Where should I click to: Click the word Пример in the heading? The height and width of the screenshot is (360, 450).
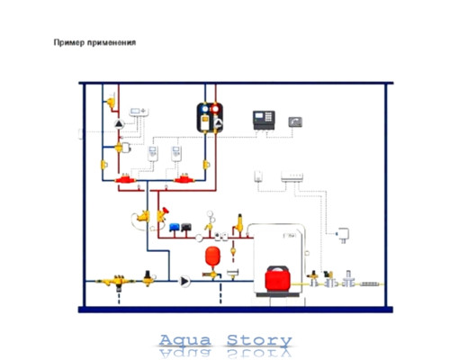point(69,42)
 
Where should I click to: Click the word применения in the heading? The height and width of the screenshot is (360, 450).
point(112,42)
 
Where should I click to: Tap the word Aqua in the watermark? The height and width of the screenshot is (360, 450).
point(185,340)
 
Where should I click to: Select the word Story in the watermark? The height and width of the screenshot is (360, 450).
point(259,341)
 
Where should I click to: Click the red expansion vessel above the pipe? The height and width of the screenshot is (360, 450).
point(212,256)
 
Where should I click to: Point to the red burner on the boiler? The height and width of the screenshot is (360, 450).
point(277,278)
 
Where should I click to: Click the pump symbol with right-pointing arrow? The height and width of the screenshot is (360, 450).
point(184,282)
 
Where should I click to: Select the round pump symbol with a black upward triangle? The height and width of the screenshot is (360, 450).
point(120,124)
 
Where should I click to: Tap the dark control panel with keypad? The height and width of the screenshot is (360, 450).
point(264,120)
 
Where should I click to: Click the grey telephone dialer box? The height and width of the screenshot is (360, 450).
point(295,122)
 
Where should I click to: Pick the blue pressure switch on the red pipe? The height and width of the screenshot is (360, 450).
point(175,228)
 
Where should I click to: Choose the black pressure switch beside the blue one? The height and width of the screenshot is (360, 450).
point(186,228)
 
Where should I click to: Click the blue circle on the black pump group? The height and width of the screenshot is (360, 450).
point(205,109)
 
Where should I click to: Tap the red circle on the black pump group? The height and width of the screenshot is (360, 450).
point(215,109)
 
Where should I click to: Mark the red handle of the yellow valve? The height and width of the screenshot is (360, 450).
point(165,211)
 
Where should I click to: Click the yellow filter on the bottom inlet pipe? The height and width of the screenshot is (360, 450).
point(118,282)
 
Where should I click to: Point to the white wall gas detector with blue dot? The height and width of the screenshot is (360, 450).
point(343,234)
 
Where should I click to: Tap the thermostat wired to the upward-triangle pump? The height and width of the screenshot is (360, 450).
point(139,112)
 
